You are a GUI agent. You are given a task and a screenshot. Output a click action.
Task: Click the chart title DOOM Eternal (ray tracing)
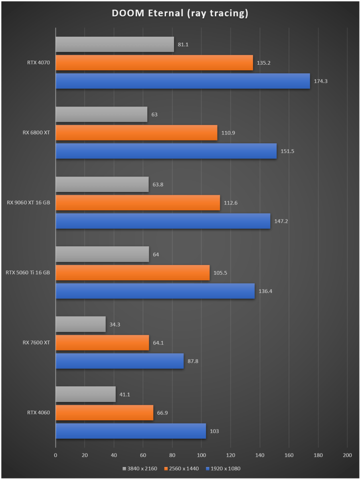tap(180, 14)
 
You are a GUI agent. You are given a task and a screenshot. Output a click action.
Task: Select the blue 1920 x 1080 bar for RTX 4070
tap(182, 81)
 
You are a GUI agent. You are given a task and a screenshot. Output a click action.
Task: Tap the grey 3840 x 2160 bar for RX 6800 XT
tap(101, 115)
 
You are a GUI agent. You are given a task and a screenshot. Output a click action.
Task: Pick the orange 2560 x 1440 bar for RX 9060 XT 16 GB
tap(138, 203)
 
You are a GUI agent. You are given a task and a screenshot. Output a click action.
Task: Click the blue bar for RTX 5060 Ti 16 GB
tap(155, 291)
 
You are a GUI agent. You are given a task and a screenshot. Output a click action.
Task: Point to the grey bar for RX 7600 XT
tap(81, 324)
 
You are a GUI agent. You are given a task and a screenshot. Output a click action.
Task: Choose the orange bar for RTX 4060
tap(105, 413)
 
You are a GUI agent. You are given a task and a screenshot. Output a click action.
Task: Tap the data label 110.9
tap(228, 133)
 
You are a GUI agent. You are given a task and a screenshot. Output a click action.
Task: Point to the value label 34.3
tap(115, 325)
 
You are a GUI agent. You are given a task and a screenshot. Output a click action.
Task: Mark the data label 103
tap(214, 431)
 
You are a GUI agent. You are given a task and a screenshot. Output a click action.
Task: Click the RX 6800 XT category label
tap(36, 133)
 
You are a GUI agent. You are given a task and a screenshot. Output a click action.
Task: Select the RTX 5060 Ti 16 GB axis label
tap(28, 273)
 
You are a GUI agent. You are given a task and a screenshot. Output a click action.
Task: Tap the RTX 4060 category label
tap(39, 413)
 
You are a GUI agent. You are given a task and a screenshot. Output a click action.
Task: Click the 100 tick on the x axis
tap(202, 455)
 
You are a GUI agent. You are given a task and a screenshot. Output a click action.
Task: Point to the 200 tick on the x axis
tap(347, 455)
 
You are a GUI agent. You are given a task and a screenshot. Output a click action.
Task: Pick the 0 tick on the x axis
tap(56, 455)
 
